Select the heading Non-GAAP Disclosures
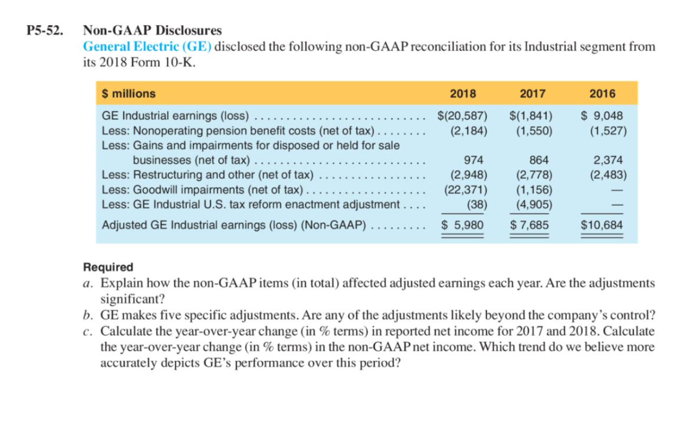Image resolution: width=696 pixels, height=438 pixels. (x=152, y=31)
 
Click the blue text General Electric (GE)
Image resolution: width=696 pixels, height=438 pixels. (x=147, y=46)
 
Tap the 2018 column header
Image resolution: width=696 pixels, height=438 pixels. (x=463, y=94)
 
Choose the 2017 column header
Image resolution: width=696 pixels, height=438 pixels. (x=532, y=94)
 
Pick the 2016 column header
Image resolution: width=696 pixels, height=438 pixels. (x=602, y=94)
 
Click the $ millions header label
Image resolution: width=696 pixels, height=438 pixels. (x=129, y=94)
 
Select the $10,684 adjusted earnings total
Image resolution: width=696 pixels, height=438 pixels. (x=602, y=225)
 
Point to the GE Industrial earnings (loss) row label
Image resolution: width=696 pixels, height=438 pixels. (x=175, y=115)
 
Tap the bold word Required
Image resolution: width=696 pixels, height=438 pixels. (x=108, y=267)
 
